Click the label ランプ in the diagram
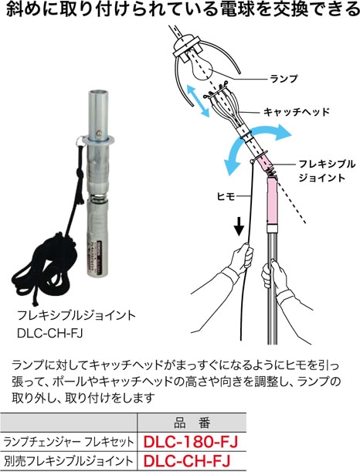[x=284, y=79]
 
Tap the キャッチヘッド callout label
[x=297, y=112]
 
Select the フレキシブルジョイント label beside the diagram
[x=327, y=171]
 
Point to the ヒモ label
[x=226, y=196]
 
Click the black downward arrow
[x=239, y=227]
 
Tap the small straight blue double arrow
[x=198, y=100]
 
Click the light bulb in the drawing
[x=200, y=66]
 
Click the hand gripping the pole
[x=273, y=274]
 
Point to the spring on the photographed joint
[x=98, y=199]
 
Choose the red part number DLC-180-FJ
[x=191, y=442]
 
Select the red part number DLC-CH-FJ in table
[x=187, y=461]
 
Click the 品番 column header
[x=192, y=423]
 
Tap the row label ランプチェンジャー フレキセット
[x=68, y=442]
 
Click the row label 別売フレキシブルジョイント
[x=68, y=461]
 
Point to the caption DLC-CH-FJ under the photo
[x=50, y=333]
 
